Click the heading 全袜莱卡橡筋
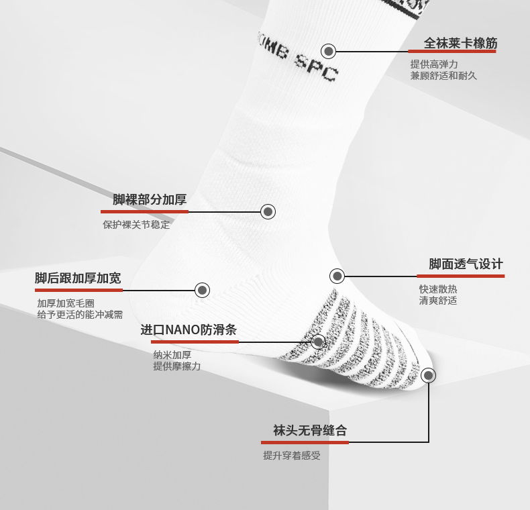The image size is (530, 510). [460, 44]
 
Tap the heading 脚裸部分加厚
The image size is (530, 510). [149, 199]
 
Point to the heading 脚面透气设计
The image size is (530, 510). [466, 264]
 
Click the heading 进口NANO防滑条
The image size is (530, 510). [189, 330]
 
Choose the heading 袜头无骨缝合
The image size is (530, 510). [309, 430]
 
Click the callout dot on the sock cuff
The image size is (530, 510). [328, 51]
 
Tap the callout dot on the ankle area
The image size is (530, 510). [268, 212]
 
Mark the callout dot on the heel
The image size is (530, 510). [203, 290]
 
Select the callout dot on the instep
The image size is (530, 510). [337, 276]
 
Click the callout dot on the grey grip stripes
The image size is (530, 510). [319, 342]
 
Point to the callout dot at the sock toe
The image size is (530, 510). [428, 376]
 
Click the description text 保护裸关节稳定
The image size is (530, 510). [136, 225]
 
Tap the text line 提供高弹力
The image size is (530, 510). [434, 64]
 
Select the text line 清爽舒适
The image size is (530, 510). [438, 301]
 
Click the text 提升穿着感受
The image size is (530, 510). [291, 456]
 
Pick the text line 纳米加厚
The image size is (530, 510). [172, 355]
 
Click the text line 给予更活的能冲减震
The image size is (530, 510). [80, 314]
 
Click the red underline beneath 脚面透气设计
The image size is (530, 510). [460, 276]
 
